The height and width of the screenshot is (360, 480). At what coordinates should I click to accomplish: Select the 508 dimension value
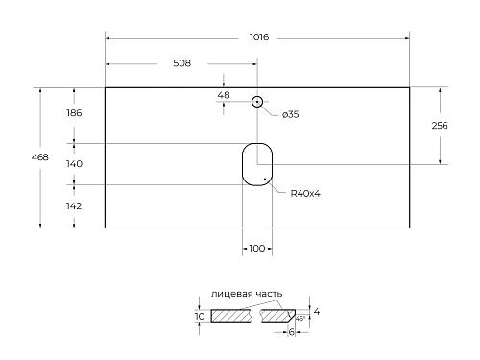(x=181, y=63)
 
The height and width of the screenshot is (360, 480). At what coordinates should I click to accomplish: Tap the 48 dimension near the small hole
(x=224, y=94)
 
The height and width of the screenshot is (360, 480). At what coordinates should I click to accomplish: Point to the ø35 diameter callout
(x=291, y=115)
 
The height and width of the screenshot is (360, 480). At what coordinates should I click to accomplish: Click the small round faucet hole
(x=257, y=102)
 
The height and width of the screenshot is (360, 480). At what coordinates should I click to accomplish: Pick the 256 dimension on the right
(x=441, y=126)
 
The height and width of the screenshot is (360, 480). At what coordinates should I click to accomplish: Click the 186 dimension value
(x=74, y=113)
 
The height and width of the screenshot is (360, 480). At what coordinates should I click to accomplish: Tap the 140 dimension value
(x=74, y=164)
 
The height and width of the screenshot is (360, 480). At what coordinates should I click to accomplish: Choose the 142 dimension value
(x=74, y=206)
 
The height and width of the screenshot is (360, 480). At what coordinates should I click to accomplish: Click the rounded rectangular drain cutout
(x=256, y=163)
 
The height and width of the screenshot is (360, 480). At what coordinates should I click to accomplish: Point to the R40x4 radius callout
(x=305, y=194)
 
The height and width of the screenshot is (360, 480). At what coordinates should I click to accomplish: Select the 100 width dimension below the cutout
(x=256, y=249)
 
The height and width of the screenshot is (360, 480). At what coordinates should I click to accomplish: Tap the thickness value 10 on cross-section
(x=200, y=315)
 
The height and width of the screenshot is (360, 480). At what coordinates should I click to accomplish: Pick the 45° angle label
(x=300, y=319)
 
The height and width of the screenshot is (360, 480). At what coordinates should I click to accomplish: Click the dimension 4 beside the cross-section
(x=317, y=312)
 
